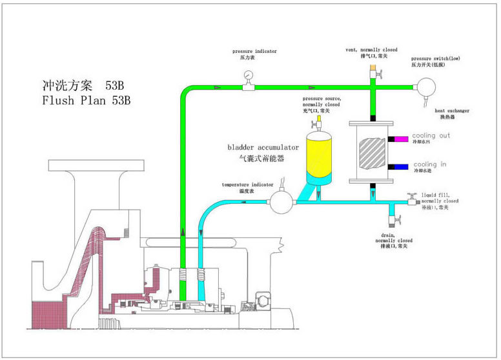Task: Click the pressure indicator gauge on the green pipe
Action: [247, 76]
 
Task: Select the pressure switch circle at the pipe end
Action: [426, 86]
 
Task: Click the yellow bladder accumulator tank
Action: [318, 154]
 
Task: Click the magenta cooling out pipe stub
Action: [399, 138]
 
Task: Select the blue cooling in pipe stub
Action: [399, 166]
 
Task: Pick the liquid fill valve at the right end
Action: [411, 201]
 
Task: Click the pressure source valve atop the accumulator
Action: [318, 121]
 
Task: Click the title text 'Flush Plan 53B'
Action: [86, 101]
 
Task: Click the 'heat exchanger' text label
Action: [452, 111]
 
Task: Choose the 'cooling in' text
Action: [429, 165]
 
